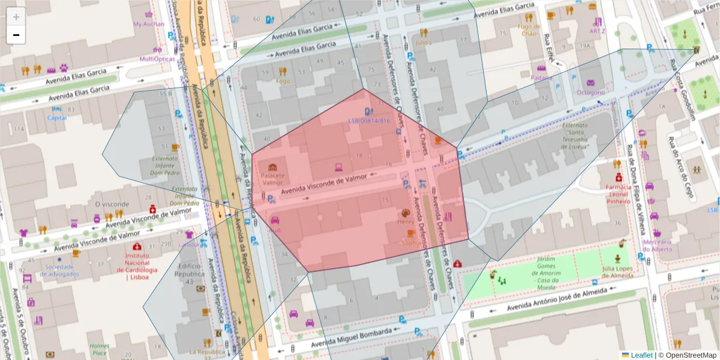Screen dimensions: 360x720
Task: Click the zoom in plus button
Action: click(x=16, y=17)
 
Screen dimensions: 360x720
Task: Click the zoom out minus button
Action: click(x=16, y=35)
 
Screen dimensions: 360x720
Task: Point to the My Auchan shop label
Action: click(x=148, y=25)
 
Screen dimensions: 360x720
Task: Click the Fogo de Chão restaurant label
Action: click(x=529, y=30)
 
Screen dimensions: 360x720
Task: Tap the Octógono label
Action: click(x=590, y=92)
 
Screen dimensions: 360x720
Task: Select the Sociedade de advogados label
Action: click(x=59, y=270)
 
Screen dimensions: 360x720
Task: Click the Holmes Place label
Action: click(x=100, y=350)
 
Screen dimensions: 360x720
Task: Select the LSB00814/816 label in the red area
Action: click(x=369, y=121)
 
